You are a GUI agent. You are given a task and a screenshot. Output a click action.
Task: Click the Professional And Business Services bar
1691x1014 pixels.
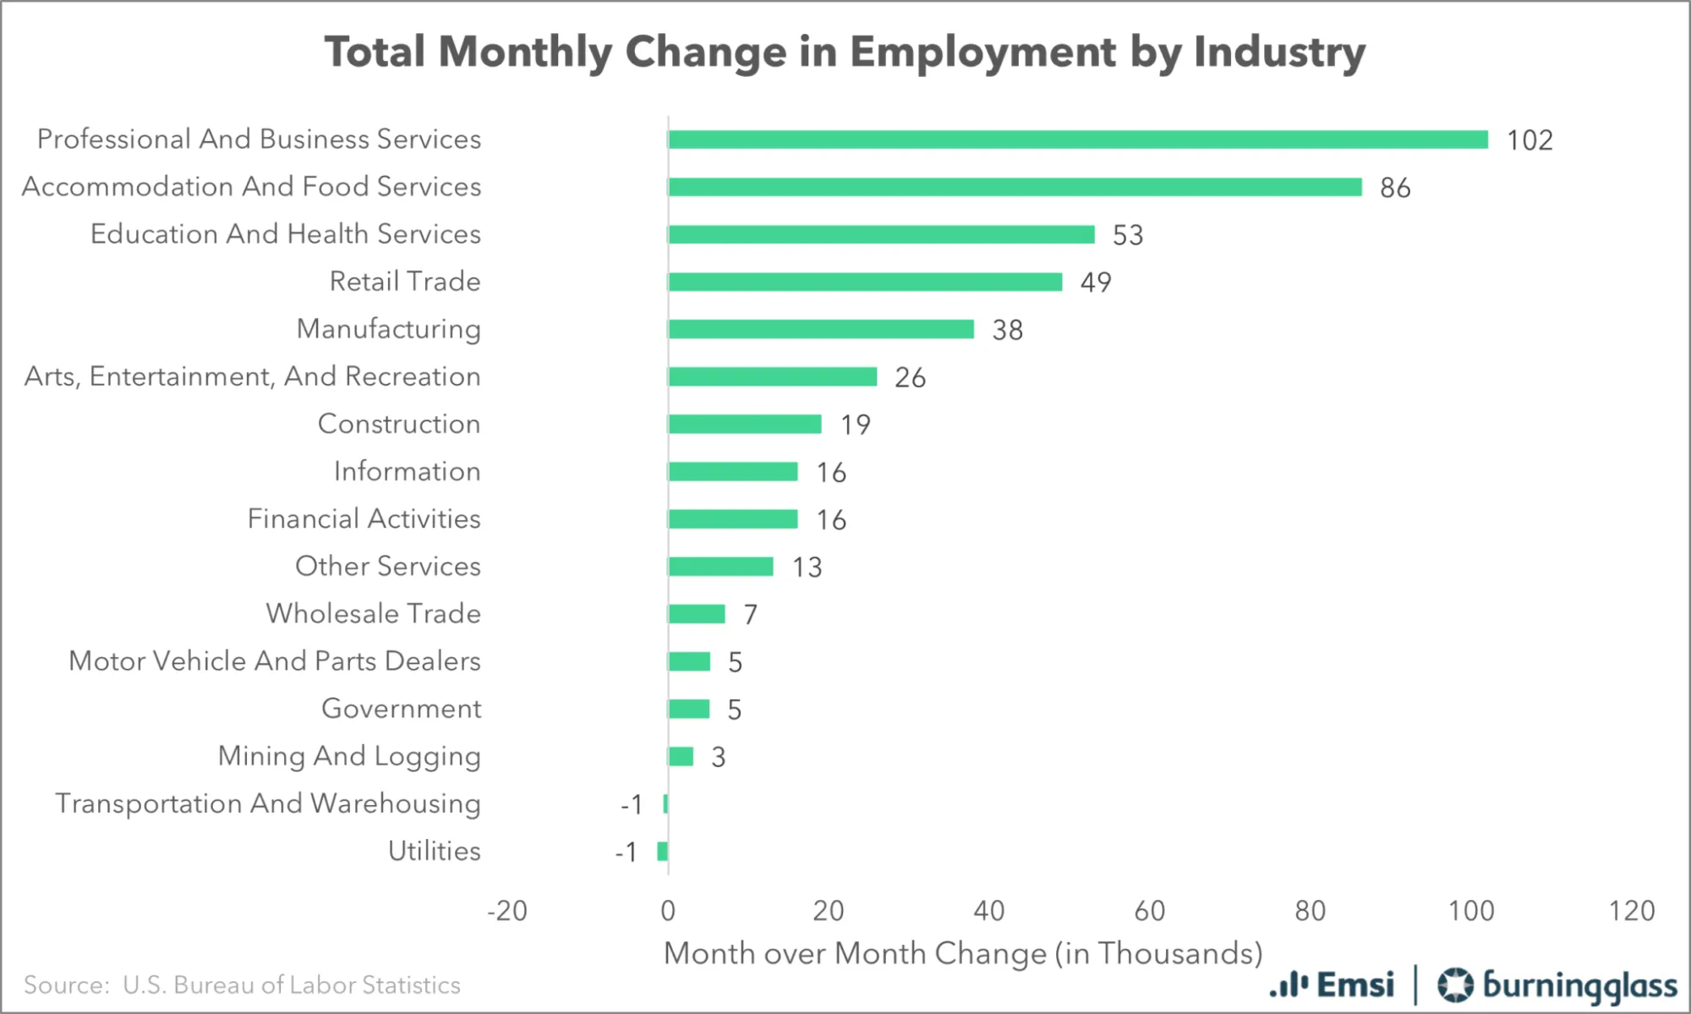click(x=1078, y=140)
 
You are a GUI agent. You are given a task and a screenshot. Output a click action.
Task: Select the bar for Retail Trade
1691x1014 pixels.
click(x=865, y=282)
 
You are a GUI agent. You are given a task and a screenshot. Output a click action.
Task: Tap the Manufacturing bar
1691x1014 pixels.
click(x=820, y=329)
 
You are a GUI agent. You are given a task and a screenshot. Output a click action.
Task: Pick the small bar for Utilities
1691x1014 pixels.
click(x=662, y=851)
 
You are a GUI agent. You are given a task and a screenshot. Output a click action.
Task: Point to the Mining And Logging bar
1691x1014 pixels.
click(x=681, y=756)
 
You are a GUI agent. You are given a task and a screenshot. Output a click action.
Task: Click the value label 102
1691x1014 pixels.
click(x=1530, y=140)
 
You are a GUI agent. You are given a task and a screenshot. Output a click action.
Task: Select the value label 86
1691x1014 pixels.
click(x=1395, y=188)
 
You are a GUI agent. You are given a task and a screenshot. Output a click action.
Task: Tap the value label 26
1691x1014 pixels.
click(x=910, y=377)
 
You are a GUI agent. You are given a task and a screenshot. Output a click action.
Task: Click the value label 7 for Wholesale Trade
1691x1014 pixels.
click(x=750, y=615)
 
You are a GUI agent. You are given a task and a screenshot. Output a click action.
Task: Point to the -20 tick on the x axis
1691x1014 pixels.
click(x=507, y=911)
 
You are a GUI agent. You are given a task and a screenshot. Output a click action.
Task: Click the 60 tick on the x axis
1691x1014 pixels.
click(x=1150, y=911)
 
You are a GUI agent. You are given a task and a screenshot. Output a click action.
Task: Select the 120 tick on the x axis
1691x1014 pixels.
click(x=1632, y=911)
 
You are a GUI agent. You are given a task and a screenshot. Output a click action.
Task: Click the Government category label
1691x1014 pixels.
click(x=401, y=709)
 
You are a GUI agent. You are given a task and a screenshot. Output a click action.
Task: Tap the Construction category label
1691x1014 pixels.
click(x=398, y=424)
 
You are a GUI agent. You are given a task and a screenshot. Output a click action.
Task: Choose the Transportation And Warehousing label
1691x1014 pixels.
click(x=268, y=803)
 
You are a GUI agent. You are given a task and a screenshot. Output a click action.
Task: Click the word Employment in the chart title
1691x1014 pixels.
click(x=982, y=52)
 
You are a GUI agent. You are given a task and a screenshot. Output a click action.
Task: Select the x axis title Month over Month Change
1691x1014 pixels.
click(x=963, y=953)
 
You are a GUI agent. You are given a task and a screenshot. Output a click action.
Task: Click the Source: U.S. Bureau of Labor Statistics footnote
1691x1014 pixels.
click(x=242, y=985)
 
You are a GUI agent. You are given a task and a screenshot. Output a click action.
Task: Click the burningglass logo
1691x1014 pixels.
click(x=1558, y=985)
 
